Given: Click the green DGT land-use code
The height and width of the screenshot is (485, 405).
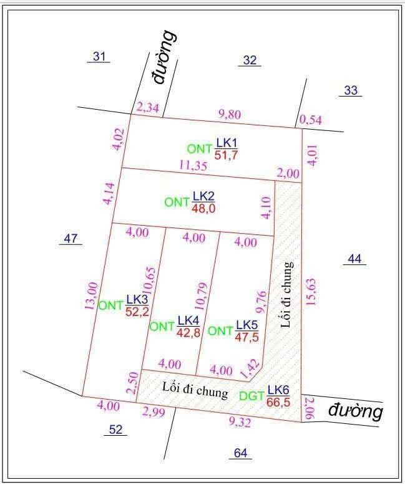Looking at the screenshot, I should (251, 395).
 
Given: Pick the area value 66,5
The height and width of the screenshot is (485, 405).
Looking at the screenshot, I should (278, 401).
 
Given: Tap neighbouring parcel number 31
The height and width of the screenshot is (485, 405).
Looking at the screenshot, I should (99, 57).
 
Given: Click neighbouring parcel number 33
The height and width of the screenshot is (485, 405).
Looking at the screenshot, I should (351, 90).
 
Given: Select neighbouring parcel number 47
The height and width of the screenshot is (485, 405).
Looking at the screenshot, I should (71, 238).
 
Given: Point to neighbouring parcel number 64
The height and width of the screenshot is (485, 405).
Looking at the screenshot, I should (240, 453).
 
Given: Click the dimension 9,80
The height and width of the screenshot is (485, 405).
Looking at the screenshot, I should (229, 113).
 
